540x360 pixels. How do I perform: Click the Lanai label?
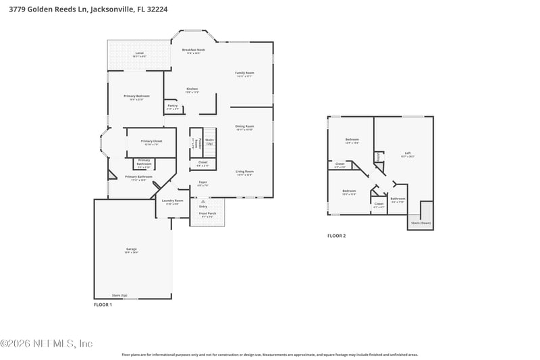[139, 53]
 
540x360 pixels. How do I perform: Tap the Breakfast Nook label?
[194, 49]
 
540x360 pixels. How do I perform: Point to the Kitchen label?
[192, 89]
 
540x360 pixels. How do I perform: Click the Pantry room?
[172, 106]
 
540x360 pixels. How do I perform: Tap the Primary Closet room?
[150, 142]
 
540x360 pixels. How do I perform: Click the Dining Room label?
[244, 126]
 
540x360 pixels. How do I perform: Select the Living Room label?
[244, 172]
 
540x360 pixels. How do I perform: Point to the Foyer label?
[202, 182]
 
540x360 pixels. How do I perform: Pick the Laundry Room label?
[170, 201]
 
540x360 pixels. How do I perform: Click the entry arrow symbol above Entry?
[203, 201]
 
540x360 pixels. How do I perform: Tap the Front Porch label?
[207, 213]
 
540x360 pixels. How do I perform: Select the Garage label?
[131, 249]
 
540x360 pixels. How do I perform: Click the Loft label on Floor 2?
[408, 153]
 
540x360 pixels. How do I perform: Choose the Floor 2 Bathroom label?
[398, 199]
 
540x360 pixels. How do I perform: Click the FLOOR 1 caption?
[103, 305]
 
